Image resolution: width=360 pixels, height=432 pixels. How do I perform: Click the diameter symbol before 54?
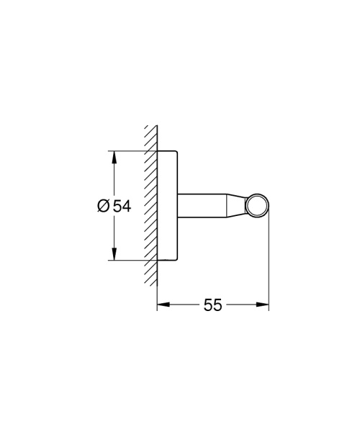coord(103,207)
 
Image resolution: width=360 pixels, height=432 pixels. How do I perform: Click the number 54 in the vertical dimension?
coord(122,207)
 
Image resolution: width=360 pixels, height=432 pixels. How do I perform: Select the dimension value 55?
coord(212,305)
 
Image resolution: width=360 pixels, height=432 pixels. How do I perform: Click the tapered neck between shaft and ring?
coord(237,206)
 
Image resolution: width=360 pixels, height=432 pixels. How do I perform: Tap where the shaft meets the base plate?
coord(178,206)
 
